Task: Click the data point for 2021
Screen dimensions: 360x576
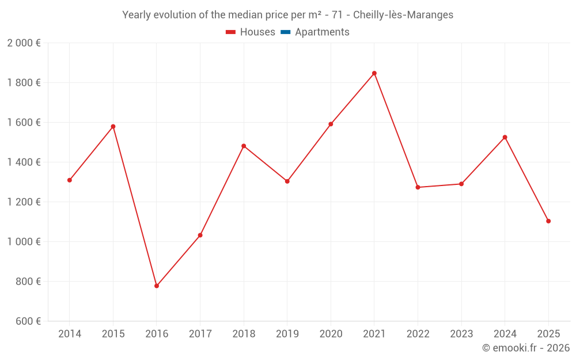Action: click(x=374, y=73)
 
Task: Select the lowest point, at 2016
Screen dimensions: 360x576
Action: click(x=157, y=286)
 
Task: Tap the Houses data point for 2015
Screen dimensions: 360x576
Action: click(x=113, y=127)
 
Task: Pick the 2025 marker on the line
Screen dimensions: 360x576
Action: click(x=548, y=221)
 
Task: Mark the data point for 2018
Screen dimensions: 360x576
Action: click(x=244, y=146)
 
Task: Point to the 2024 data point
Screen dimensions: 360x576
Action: click(x=505, y=137)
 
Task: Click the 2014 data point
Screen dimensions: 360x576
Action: click(x=70, y=180)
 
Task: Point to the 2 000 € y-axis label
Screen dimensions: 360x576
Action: click(x=24, y=43)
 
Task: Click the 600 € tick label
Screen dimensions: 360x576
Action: click(x=27, y=321)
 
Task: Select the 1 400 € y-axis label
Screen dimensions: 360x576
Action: click(x=24, y=162)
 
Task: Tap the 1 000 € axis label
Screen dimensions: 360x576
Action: click(x=24, y=242)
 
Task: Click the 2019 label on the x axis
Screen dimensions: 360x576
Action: click(x=287, y=334)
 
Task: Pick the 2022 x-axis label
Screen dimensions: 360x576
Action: click(x=418, y=334)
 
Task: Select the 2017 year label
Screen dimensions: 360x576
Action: click(x=200, y=334)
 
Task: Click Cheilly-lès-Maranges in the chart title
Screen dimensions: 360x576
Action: click(x=403, y=15)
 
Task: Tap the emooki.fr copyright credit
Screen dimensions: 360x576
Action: click(x=526, y=348)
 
